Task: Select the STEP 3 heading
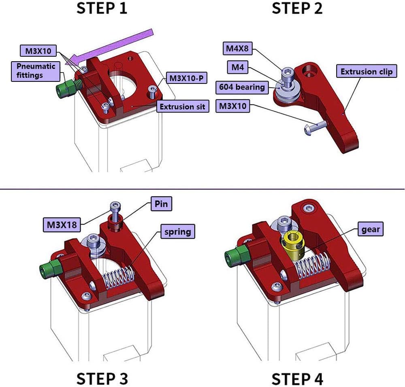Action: (x=102, y=378)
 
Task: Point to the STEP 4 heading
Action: (x=297, y=378)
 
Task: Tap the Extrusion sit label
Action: (x=183, y=107)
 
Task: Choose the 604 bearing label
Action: (x=242, y=86)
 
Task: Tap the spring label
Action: (x=177, y=232)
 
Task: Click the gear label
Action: (x=371, y=229)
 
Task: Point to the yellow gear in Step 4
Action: (x=292, y=245)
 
